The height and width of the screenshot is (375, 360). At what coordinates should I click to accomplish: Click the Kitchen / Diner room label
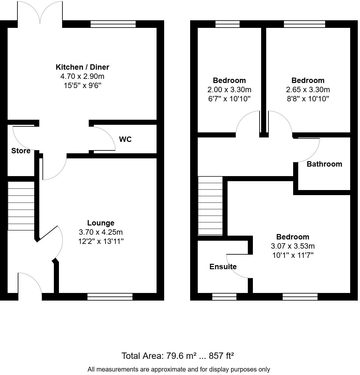pyautogui.click(x=82, y=67)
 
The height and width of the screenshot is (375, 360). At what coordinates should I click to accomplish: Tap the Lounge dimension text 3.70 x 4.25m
pyautogui.click(x=101, y=232)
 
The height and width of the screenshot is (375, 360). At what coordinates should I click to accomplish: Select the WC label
pyautogui.click(x=125, y=139)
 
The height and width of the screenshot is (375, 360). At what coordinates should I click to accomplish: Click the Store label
pyautogui.click(x=21, y=151)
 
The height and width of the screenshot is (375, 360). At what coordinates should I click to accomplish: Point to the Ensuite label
pyautogui.click(x=223, y=267)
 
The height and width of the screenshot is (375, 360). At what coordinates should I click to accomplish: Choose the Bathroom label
pyautogui.click(x=324, y=164)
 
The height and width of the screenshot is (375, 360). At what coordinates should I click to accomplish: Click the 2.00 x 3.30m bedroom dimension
pyautogui.click(x=229, y=90)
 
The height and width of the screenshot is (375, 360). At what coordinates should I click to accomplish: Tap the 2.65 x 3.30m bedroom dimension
pyautogui.click(x=308, y=90)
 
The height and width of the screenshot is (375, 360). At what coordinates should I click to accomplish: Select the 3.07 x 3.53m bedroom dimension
pyautogui.click(x=292, y=246)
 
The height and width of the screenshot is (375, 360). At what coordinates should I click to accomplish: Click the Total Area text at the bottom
pyautogui.click(x=178, y=356)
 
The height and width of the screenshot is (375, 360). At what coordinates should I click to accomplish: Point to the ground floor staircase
pyautogui.click(x=21, y=206)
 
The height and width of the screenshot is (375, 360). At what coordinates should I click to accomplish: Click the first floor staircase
pyautogui.click(x=210, y=206)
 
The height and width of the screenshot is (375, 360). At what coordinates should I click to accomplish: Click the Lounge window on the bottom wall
pyautogui.click(x=110, y=297)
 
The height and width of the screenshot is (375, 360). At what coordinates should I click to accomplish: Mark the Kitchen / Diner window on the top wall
pyautogui.click(x=113, y=24)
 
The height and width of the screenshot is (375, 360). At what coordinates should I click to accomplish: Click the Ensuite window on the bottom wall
pyautogui.click(x=224, y=297)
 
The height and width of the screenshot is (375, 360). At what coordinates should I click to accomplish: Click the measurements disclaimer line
pyautogui.click(x=179, y=369)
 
